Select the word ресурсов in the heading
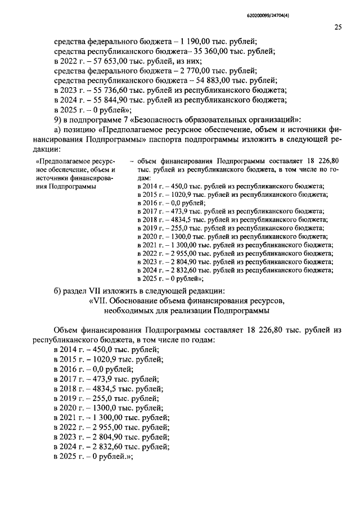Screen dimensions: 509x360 click(x=269, y=301)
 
